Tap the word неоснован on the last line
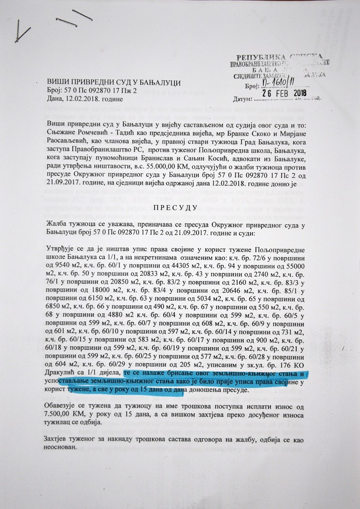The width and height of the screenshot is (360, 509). point(64,447)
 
